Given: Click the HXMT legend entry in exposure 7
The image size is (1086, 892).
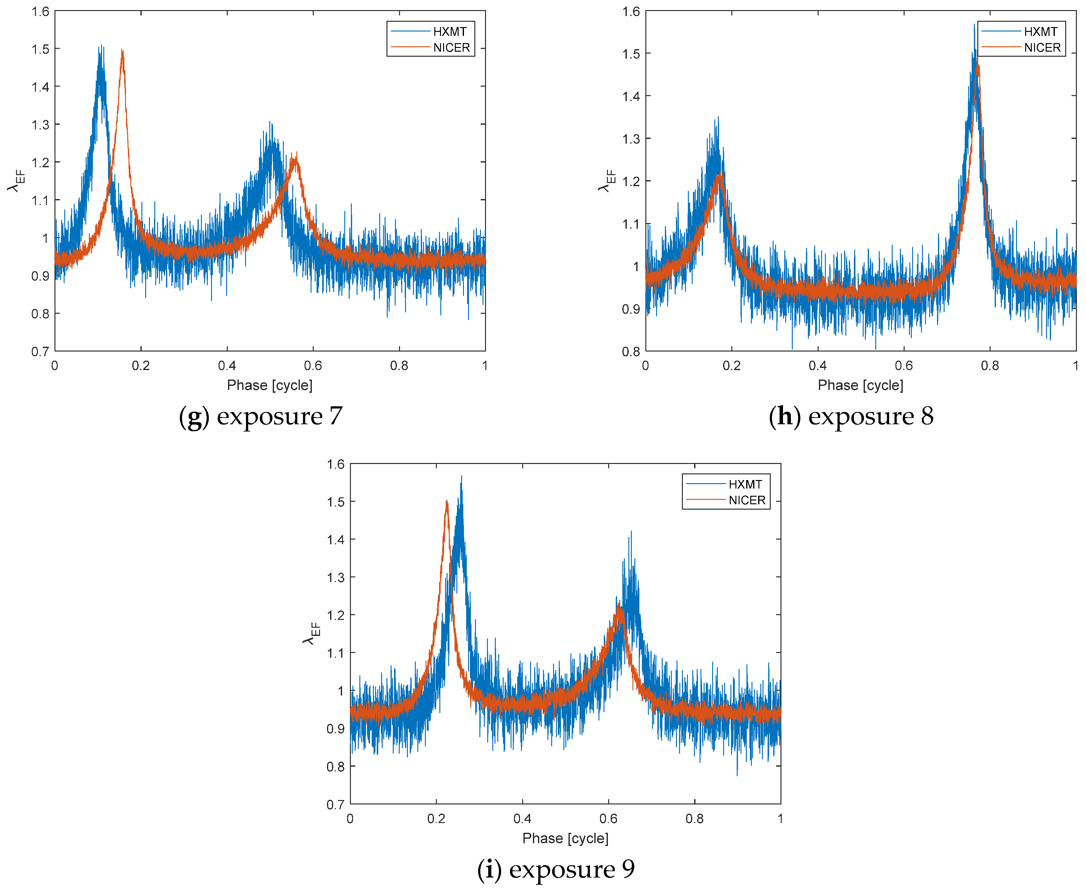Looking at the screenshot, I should tap(449, 31).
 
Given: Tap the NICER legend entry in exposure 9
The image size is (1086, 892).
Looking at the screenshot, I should tap(746, 500).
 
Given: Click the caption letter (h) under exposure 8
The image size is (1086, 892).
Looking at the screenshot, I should tap(785, 416).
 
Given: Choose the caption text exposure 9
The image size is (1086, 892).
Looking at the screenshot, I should tap(572, 869).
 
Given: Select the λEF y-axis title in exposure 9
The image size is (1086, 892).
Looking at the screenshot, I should tap(311, 633).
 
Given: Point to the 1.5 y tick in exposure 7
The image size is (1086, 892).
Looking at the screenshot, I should tap(41, 49).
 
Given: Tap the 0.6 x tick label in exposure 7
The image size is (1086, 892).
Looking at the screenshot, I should tap(313, 366).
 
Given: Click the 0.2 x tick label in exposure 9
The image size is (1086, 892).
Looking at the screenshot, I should tap(436, 819).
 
